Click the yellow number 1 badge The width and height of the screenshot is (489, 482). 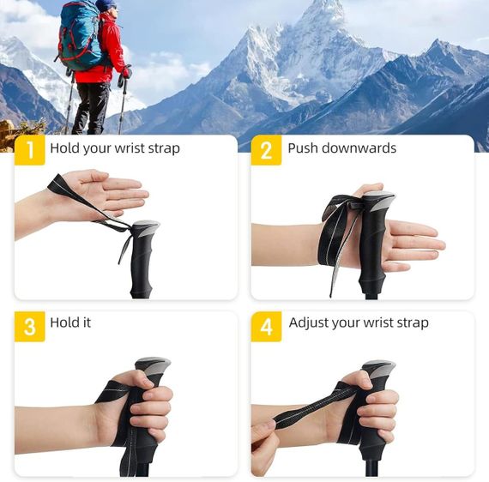(30, 150)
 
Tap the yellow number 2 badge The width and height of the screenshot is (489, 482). (266, 150)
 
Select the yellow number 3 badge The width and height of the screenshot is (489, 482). (30, 327)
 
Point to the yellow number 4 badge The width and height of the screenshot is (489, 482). (266, 327)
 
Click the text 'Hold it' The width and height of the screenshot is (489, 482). (70, 322)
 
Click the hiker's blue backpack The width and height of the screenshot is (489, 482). (80, 35)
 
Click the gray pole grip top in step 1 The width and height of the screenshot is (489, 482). (146, 227)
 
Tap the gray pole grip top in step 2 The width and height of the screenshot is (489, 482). (378, 201)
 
